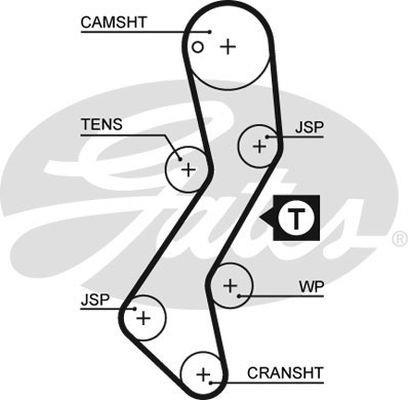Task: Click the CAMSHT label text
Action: click(x=114, y=22)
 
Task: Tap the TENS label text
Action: click(x=102, y=124)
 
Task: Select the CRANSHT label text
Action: click(x=285, y=373)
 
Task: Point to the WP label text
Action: click(x=311, y=287)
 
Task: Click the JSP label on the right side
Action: click(x=309, y=127)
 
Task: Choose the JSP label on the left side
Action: click(x=95, y=300)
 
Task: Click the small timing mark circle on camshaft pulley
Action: click(x=198, y=47)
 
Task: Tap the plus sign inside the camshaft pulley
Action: click(x=228, y=47)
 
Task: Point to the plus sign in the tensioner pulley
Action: click(x=189, y=170)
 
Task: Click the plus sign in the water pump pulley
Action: click(x=230, y=286)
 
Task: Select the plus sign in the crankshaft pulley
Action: click(x=203, y=375)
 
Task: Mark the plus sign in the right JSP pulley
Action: click(x=259, y=146)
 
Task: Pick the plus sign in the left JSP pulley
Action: click(x=144, y=318)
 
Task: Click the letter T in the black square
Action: click(x=296, y=218)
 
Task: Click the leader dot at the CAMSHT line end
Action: click(x=210, y=32)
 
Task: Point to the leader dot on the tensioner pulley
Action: click(x=180, y=159)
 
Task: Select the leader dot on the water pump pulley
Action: click(x=239, y=296)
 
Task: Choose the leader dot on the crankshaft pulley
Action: click(x=211, y=382)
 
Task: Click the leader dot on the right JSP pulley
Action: click(x=267, y=137)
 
